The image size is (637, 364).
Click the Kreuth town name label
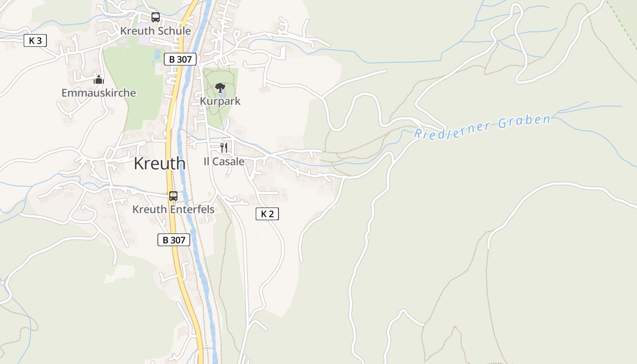pyautogui.click(x=159, y=163)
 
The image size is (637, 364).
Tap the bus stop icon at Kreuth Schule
pyautogui.click(x=156, y=17)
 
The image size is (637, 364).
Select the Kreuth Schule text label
pyautogui.click(x=156, y=31)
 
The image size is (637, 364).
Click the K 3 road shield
pyautogui.click(x=35, y=40)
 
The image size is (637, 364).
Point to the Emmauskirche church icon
pyautogui.click(x=98, y=80)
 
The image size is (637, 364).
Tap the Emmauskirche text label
pyautogui.click(x=99, y=93)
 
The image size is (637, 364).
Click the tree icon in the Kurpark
pyautogui.click(x=220, y=87)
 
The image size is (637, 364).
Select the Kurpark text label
pyautogui.click(x=220, y=101)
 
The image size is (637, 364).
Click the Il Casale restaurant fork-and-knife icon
pyautogui.click(x=223, y=147)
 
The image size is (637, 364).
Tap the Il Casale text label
pyautogui.click(x=223, y=162)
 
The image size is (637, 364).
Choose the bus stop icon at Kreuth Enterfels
pyautogui.click(x=173, y=196)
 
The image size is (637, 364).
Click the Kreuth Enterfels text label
pyautogui.click(x=173, y=209)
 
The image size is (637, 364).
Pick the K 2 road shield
pyautogui.click(x=267, y=214)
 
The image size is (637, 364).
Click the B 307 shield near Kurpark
pyautogui.click(x=180, y=59)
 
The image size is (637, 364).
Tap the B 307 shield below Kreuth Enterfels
pyautogui.click(x=174, y=240)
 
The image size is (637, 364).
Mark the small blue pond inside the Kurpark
pyautogui.click(x=222, y=95)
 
